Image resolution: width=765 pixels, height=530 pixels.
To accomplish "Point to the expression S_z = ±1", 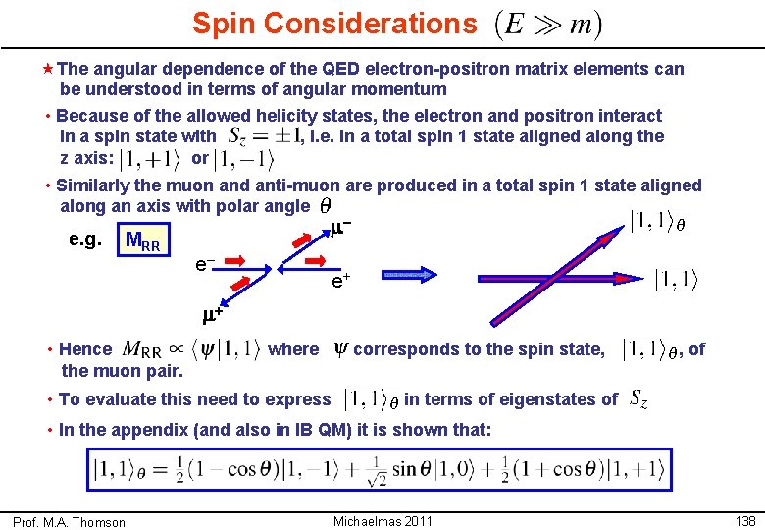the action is coord(264,136).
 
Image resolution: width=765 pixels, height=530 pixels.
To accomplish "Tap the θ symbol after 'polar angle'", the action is coord(325,206).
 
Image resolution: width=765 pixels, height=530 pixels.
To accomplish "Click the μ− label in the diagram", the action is coord(340,228).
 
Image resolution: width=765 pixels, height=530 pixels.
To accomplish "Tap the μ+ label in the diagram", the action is coord(213,316).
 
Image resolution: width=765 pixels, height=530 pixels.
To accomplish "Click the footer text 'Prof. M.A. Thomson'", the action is coord(69,522).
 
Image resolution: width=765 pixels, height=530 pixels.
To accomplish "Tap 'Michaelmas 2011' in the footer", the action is coord(382,519).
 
